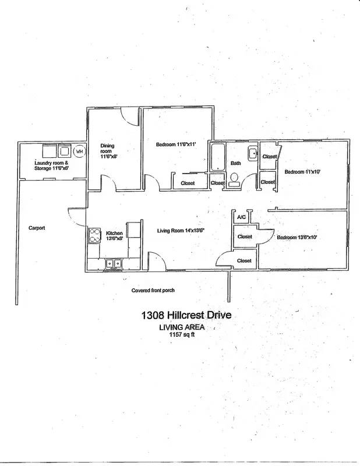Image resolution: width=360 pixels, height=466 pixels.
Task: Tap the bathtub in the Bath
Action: (217, 157)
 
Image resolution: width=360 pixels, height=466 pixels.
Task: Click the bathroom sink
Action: (252, 154)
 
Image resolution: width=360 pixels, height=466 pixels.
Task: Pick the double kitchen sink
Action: (113, 264)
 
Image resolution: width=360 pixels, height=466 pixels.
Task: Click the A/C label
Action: (241, 217)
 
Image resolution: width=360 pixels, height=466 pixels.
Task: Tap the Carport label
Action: (37, 228)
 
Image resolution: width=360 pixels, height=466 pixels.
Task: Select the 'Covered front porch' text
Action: (153, 290)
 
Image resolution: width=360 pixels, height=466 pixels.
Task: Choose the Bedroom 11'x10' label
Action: (303, 172)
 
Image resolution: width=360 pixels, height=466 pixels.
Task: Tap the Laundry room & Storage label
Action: (52, 165)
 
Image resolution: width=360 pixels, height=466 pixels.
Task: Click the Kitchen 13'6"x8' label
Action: (114, 235)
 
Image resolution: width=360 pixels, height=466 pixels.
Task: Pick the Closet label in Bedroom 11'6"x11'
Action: (188, 183)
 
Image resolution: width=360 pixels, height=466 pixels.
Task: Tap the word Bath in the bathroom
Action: (235, 163)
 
